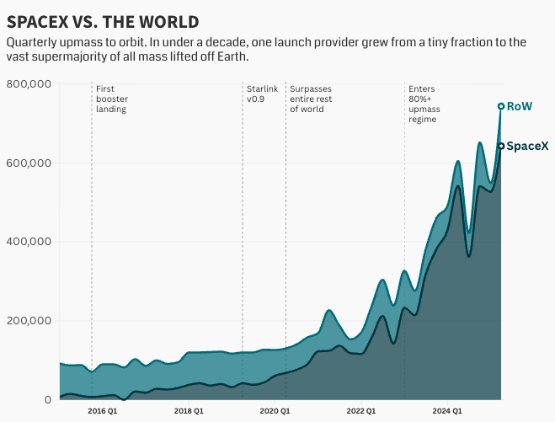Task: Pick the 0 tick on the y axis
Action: (x=48, y=399)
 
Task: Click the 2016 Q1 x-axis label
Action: (x=103, y=411)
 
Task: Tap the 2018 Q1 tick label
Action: (x=189, y=411)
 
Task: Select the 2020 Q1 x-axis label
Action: (x=275, y=411)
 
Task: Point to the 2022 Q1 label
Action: (x=361, y=411)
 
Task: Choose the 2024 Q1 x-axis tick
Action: (x=446, y=411)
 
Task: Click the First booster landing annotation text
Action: (x=112, y=99)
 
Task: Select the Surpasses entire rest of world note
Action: (x=311, y=99)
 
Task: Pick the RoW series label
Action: (x=520, y=107)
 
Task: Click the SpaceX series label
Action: (x=527, y=146)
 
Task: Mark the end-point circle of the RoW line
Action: (x=501, y=106)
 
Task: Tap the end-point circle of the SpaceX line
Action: (x=501, y=146)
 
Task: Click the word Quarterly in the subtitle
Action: (x=35, y=41)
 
